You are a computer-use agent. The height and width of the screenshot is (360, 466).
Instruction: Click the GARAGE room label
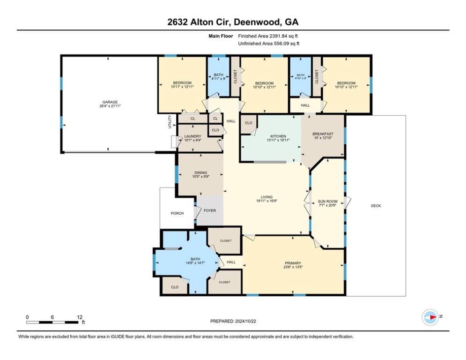(110, 102)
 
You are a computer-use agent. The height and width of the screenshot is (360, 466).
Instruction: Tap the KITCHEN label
(278, 136)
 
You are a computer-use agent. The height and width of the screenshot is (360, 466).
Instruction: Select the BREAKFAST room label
(323, 134)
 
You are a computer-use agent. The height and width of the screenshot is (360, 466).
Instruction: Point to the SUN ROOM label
(327, 202)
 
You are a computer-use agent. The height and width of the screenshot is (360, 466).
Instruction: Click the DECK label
(376, 206)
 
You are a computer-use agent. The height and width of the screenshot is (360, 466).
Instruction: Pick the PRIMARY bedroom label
(293, 263)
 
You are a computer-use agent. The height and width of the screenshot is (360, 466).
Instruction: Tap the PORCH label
(177, 213)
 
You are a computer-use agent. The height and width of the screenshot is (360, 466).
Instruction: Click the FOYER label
(209, 210)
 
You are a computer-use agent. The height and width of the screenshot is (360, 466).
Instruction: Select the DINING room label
(200, 172)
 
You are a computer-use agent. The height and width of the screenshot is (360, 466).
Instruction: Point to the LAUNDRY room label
(192, 136)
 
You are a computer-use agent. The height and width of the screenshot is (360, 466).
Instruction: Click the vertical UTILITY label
(170, 122)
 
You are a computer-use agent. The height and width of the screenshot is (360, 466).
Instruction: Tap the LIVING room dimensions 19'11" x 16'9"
(266, 201)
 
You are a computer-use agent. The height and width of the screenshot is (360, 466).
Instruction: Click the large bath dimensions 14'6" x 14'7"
(195, 262)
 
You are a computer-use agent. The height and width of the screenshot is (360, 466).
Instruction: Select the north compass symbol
(430, 317)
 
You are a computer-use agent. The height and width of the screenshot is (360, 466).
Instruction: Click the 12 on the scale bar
(79, 317)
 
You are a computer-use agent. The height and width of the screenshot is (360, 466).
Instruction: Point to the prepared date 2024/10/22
(245, 321)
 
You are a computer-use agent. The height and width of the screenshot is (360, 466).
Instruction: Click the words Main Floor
(221, 36)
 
